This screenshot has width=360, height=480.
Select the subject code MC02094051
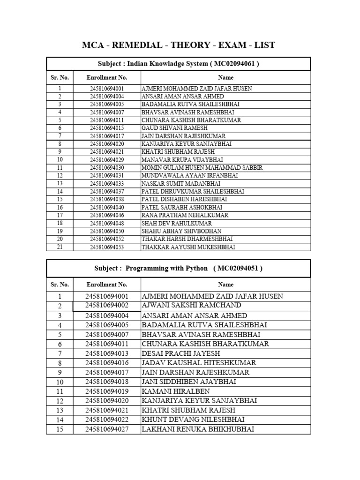tap(238, 268)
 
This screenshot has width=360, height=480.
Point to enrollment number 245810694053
tap(107, 247)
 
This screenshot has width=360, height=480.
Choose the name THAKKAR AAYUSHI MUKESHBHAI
tap(188, 247)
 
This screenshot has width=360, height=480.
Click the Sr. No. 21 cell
tap(60, 247)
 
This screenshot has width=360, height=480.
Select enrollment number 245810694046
tap(107, 215)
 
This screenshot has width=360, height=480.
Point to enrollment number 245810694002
tap(107, 306)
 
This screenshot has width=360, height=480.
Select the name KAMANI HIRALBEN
tap(176, 391)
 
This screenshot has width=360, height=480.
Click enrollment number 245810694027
tap(107, 429)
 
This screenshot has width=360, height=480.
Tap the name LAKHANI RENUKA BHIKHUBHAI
tap(198, 429)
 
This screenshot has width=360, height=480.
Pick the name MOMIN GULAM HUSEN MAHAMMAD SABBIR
tap(202, 168)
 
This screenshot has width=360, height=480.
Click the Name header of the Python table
tap(225, 285)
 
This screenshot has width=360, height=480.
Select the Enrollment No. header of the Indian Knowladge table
tap(107, 77)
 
